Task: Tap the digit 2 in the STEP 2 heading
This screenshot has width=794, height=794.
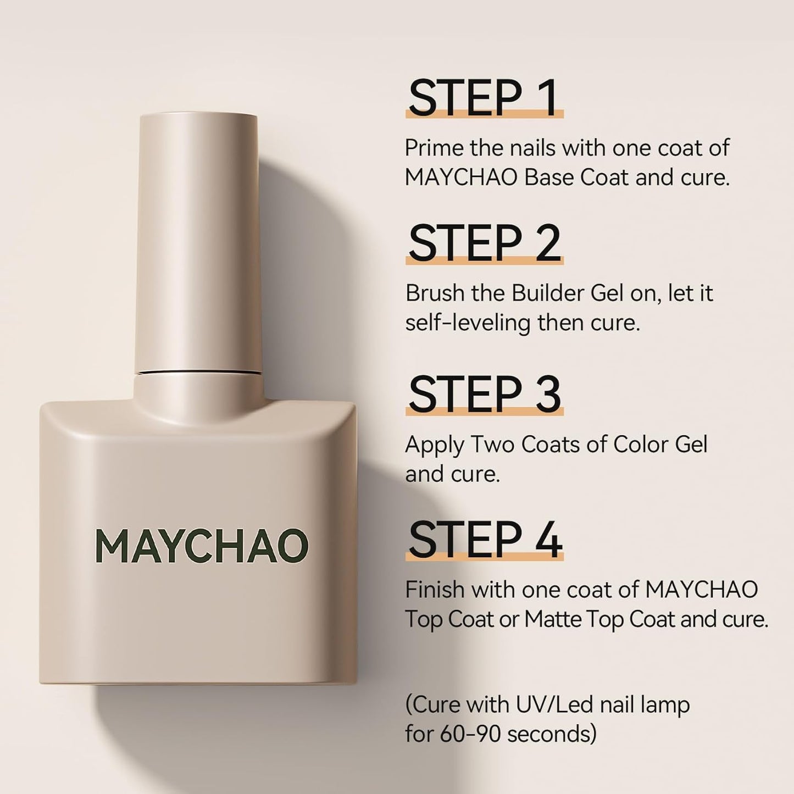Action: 547,243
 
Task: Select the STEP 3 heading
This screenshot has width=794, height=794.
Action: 484,394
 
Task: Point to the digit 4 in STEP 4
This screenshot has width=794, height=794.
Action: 548,540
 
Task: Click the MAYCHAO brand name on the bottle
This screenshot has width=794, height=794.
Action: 202,546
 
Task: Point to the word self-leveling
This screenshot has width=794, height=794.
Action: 468,323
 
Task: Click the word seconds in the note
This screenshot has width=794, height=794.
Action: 551,734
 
